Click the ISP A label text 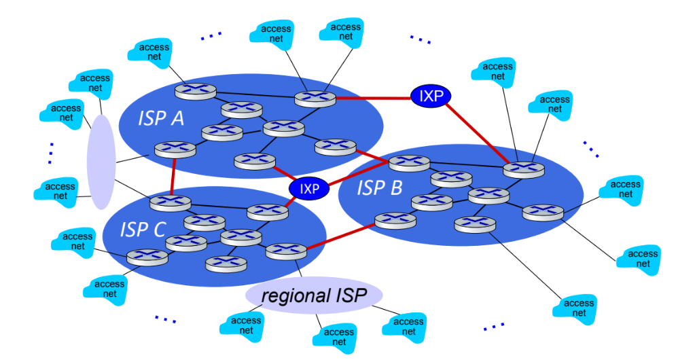pyautogui.click(x=161, y=118)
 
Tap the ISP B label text pyautogui.click(x=379, y=188)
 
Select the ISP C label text pyautogui.click(x=143, y=229)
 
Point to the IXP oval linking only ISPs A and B pyautogui.click(x=431, y=96)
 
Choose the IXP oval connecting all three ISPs pyautogui.click(x=309, y=189)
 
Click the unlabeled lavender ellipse pyautogui.click(x=101, y=162)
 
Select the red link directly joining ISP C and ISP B pyautogui.click(x=340, y=237)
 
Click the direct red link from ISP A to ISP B pyautogui.click(x=372, y=156)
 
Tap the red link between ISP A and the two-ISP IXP pyautogui.click(x=373, y=98)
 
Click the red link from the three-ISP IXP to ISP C pyautogui.click(x=290, y=200)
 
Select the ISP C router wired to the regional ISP pyautogui.click(x=286, y=251)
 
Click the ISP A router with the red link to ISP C pyautogui.click(x=175, y=150)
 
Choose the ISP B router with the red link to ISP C pyautogui.click(x=395, y=221)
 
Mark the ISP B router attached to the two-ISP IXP pyautogui.click(x=524, y=170)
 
